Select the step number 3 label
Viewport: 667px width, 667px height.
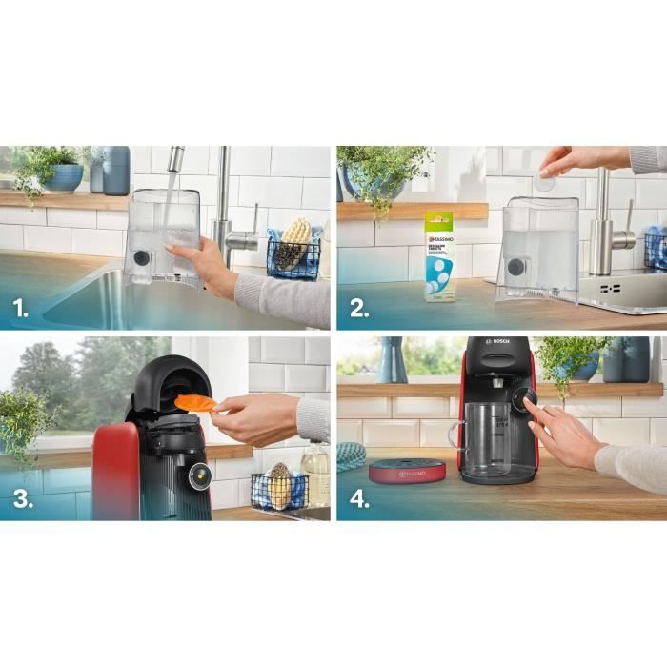tap(22, 500)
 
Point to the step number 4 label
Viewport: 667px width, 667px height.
tap(358, 500)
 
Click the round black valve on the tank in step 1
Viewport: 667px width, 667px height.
tap(141, 257)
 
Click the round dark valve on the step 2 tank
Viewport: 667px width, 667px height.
tap(515, 267)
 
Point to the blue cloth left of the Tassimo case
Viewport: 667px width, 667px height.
tap(351, 456)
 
